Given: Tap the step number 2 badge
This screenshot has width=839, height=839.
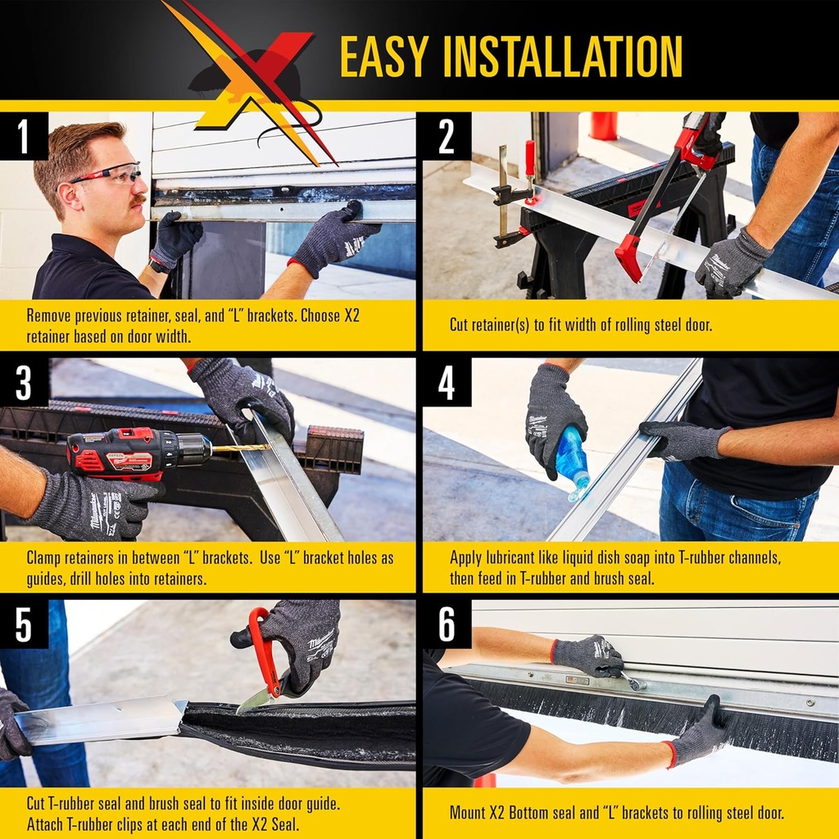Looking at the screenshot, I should click(447, 137).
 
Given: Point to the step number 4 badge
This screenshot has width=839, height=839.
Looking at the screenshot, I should click(447, 383).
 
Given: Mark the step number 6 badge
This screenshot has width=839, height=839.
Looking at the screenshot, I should click(447, 625).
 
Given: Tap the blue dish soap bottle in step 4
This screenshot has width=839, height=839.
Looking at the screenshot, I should click(572, 463).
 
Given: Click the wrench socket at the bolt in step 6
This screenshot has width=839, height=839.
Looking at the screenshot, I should click(632, 679).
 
